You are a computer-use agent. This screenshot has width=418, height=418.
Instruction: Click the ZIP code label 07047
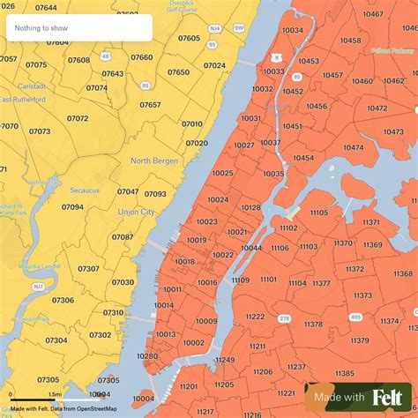click(128, 191)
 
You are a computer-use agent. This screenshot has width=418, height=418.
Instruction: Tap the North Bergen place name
click(154, 160)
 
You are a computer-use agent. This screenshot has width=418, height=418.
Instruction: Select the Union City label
click(136, 212)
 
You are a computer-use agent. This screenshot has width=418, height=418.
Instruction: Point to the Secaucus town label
click(86, 190)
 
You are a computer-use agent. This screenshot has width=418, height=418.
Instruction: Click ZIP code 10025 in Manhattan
click(222, 173)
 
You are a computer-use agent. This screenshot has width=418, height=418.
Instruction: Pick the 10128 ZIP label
click(251, 207)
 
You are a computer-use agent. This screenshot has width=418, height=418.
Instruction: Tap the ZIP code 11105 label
click(318, 213)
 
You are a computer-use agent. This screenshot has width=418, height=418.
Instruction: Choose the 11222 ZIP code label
click(255, 317)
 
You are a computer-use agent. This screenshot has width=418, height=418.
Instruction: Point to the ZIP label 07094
click(72, 207)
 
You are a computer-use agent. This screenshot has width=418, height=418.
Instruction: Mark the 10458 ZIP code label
click(350, 41)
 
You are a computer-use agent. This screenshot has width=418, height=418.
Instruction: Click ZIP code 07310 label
click(113, 312)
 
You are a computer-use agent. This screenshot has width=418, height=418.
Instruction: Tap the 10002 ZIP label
click(193, 343)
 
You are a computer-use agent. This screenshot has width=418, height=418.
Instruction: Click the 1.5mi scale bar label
click(55, 394)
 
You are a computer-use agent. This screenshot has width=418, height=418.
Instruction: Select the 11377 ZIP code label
click(321, 283)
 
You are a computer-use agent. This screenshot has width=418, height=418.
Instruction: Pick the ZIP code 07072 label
click(78, 118)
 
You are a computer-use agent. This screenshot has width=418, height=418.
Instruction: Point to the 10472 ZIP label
click(377, 108)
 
